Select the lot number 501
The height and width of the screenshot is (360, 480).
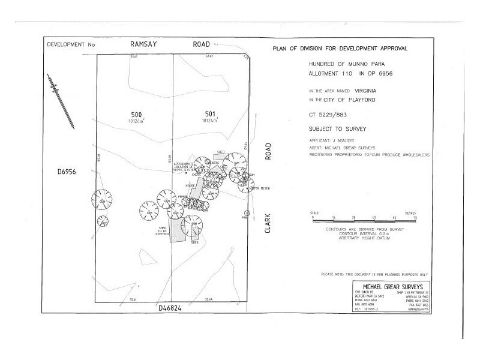click(x=209, y=114)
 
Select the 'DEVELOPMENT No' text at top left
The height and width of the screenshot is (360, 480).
click(x=71, y=45)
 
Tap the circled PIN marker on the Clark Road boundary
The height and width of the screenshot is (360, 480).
click(x=247, y=214)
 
